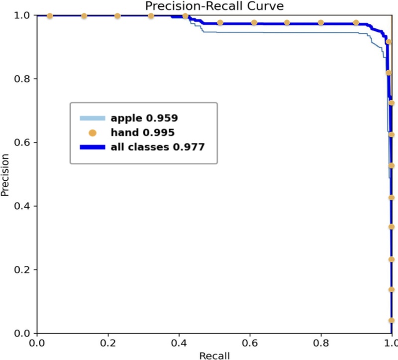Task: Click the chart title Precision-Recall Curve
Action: click(214, 6)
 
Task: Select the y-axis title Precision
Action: click(5, 174)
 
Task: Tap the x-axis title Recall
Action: click(214, 355)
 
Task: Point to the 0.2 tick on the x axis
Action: click(107, 343)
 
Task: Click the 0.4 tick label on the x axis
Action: click(179, 343)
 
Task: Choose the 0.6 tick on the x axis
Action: click(250, 343)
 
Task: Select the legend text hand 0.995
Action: click(142, 132)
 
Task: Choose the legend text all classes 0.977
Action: click(158, 147)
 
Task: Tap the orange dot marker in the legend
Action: click(92, 132)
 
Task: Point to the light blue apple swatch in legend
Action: click(93, 118)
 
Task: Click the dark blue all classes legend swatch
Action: click(93, 147)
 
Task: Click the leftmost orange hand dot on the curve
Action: click(50, 16)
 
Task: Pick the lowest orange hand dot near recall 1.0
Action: click(392, 320)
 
